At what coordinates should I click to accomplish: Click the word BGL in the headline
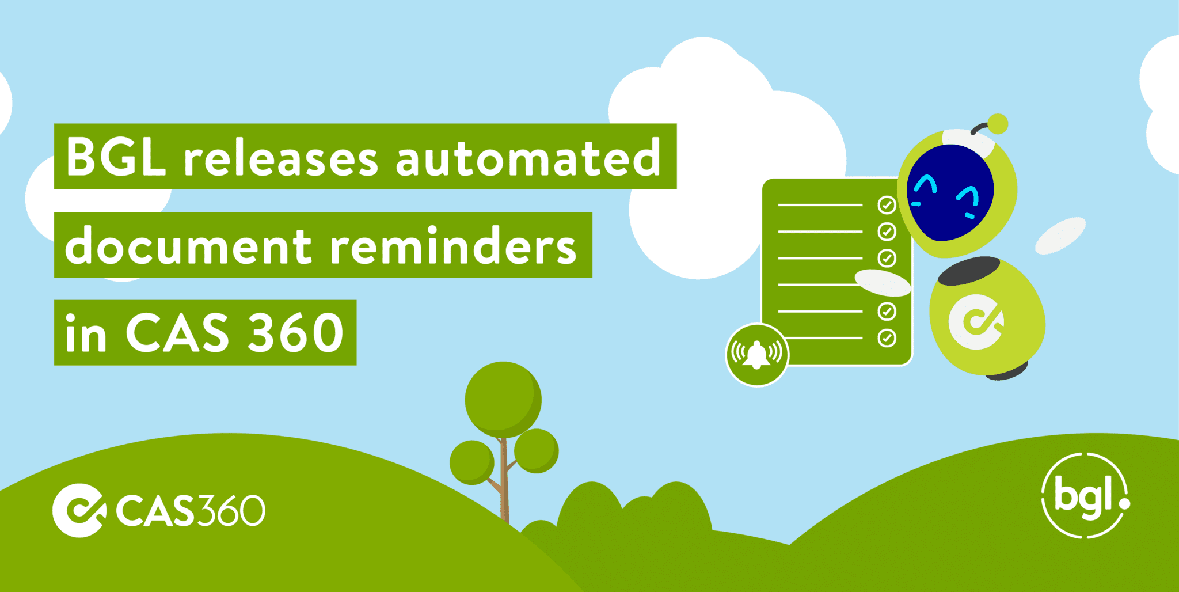coord(116,157)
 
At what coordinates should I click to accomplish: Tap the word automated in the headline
coord(527,157)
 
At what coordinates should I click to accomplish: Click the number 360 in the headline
coord(295,333)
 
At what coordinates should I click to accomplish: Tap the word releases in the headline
coord(280,158)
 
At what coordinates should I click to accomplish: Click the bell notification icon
coord(756,355)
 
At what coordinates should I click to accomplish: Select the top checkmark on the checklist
coord(887,204)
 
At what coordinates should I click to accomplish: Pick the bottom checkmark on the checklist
coord(887,338)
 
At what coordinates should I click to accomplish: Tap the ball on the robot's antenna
coord(998,123)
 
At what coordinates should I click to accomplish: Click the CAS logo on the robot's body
coord(976,322)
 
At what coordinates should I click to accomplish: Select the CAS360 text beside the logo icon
coord(190,510)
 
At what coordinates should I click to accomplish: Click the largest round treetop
coord(503,399)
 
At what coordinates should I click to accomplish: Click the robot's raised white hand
coord(1060,236)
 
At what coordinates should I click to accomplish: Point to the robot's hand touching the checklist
coord(882,282)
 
